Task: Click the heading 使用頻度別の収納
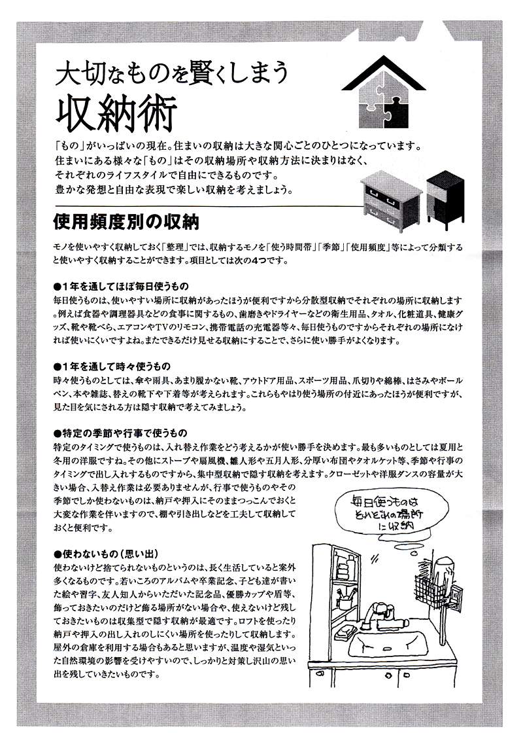(126, 222)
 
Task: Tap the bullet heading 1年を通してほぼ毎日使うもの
(121, 285)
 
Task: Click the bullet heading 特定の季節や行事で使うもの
(120, 433)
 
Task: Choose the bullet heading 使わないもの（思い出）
(106, 554)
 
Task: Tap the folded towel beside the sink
(345, 632)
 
